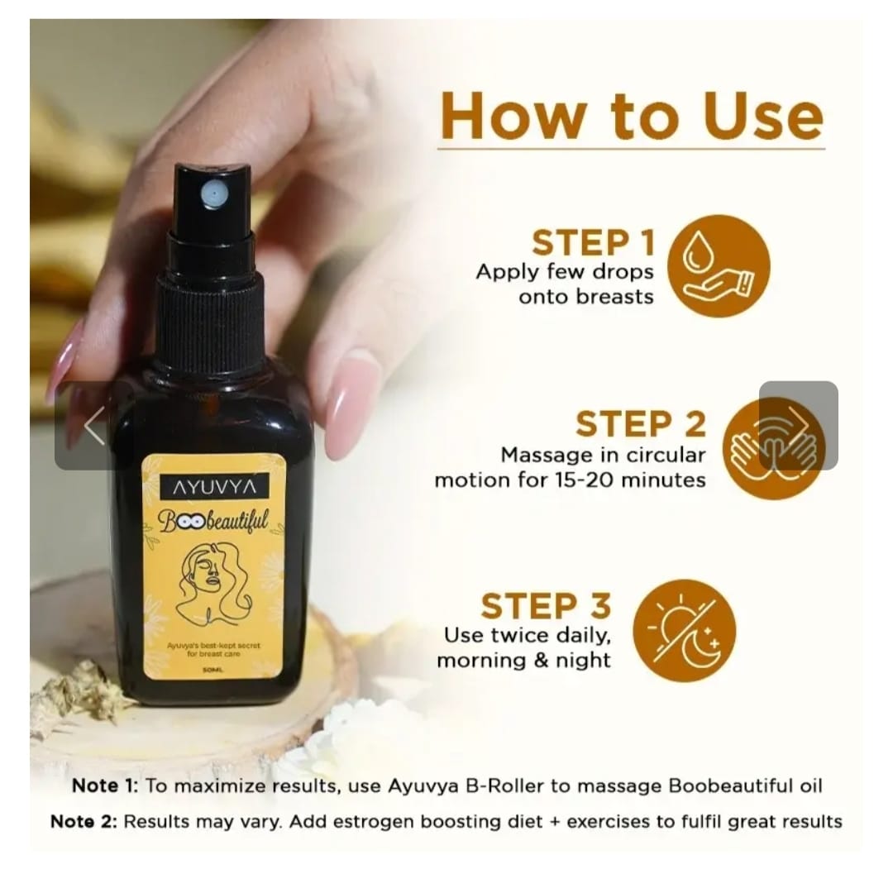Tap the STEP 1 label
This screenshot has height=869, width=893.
594,243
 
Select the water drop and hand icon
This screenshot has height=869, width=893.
718,265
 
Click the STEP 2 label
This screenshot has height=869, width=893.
641,424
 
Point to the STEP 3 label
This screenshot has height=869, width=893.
546,606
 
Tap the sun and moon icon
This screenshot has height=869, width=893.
683,630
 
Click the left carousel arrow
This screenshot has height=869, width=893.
93,426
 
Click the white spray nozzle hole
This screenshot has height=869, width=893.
213,195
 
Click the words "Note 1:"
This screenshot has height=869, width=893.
105,785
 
